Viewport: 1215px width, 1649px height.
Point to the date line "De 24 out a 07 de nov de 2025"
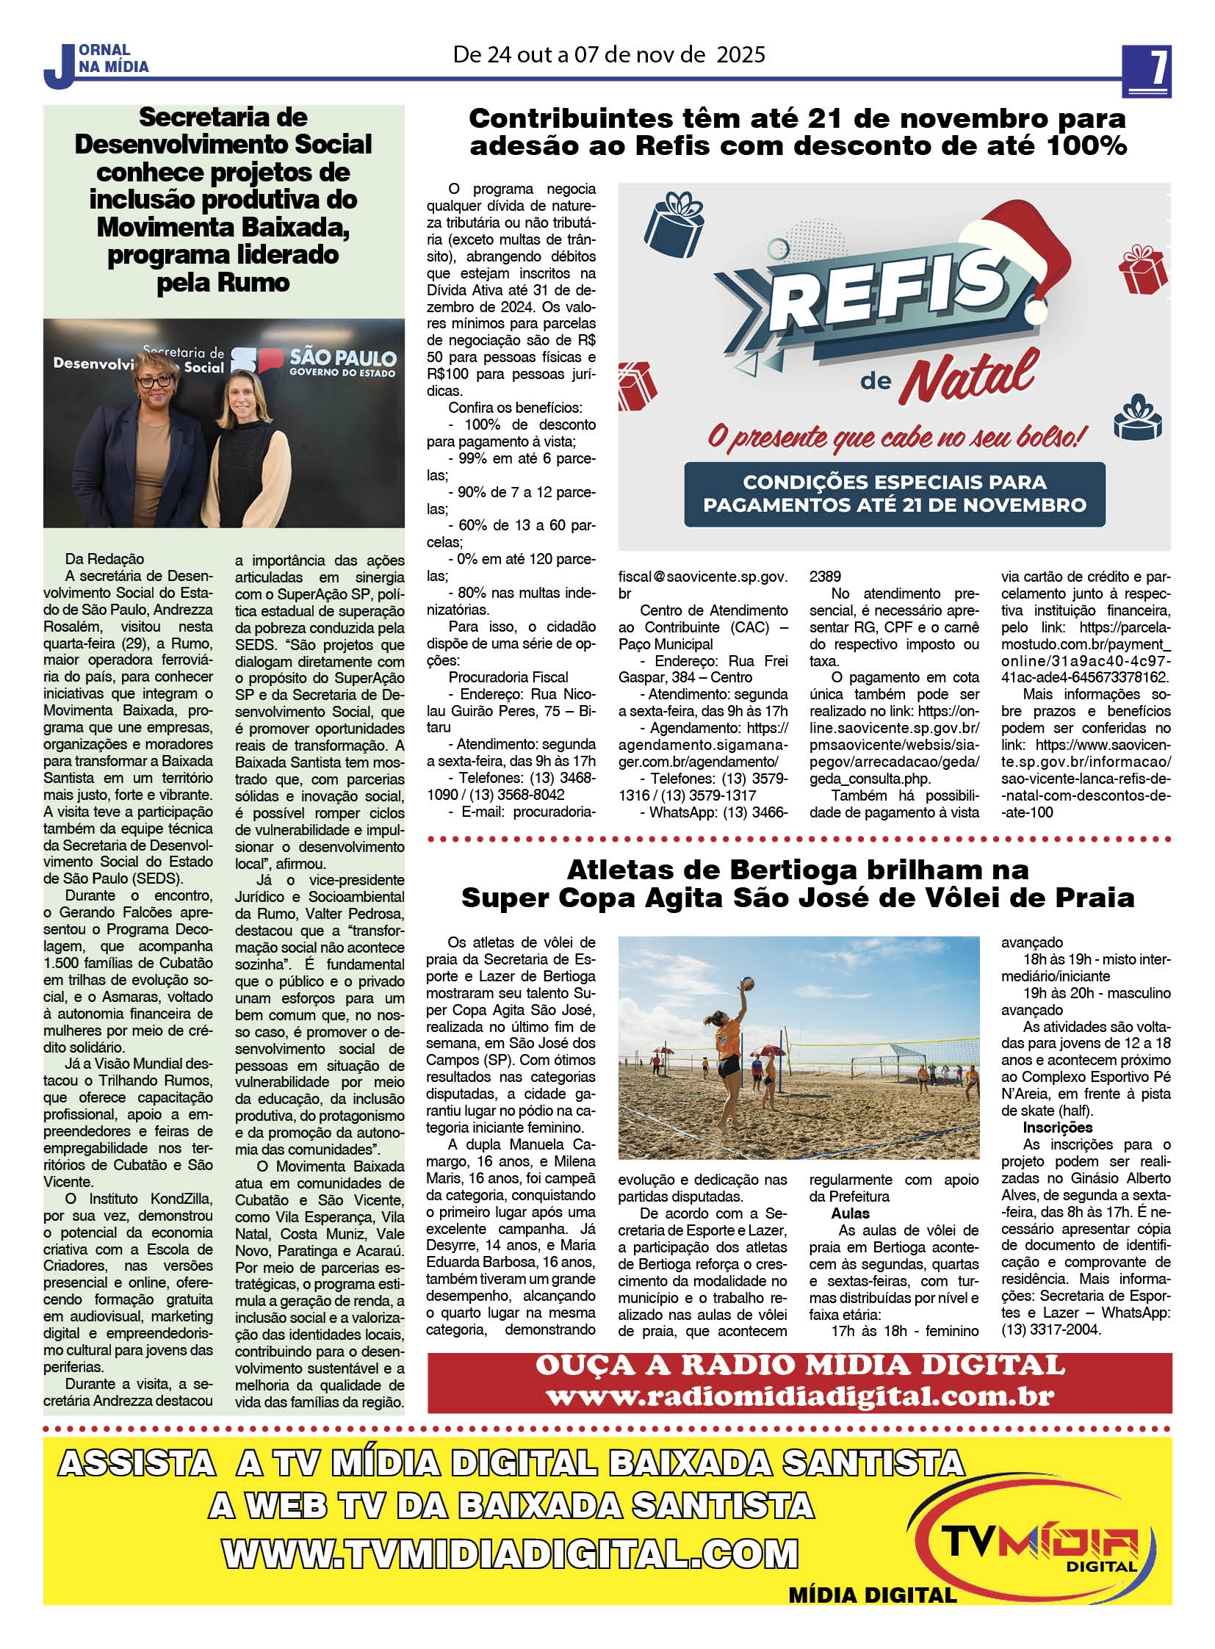(609, 54)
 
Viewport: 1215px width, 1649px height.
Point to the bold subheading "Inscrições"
(1058, 1127)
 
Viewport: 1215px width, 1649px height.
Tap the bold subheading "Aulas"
(850, 1213)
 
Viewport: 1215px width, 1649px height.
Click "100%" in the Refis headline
(1083, 145)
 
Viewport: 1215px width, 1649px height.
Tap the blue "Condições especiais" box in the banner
(893, 493)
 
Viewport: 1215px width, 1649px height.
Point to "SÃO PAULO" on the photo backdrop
(343, 358)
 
